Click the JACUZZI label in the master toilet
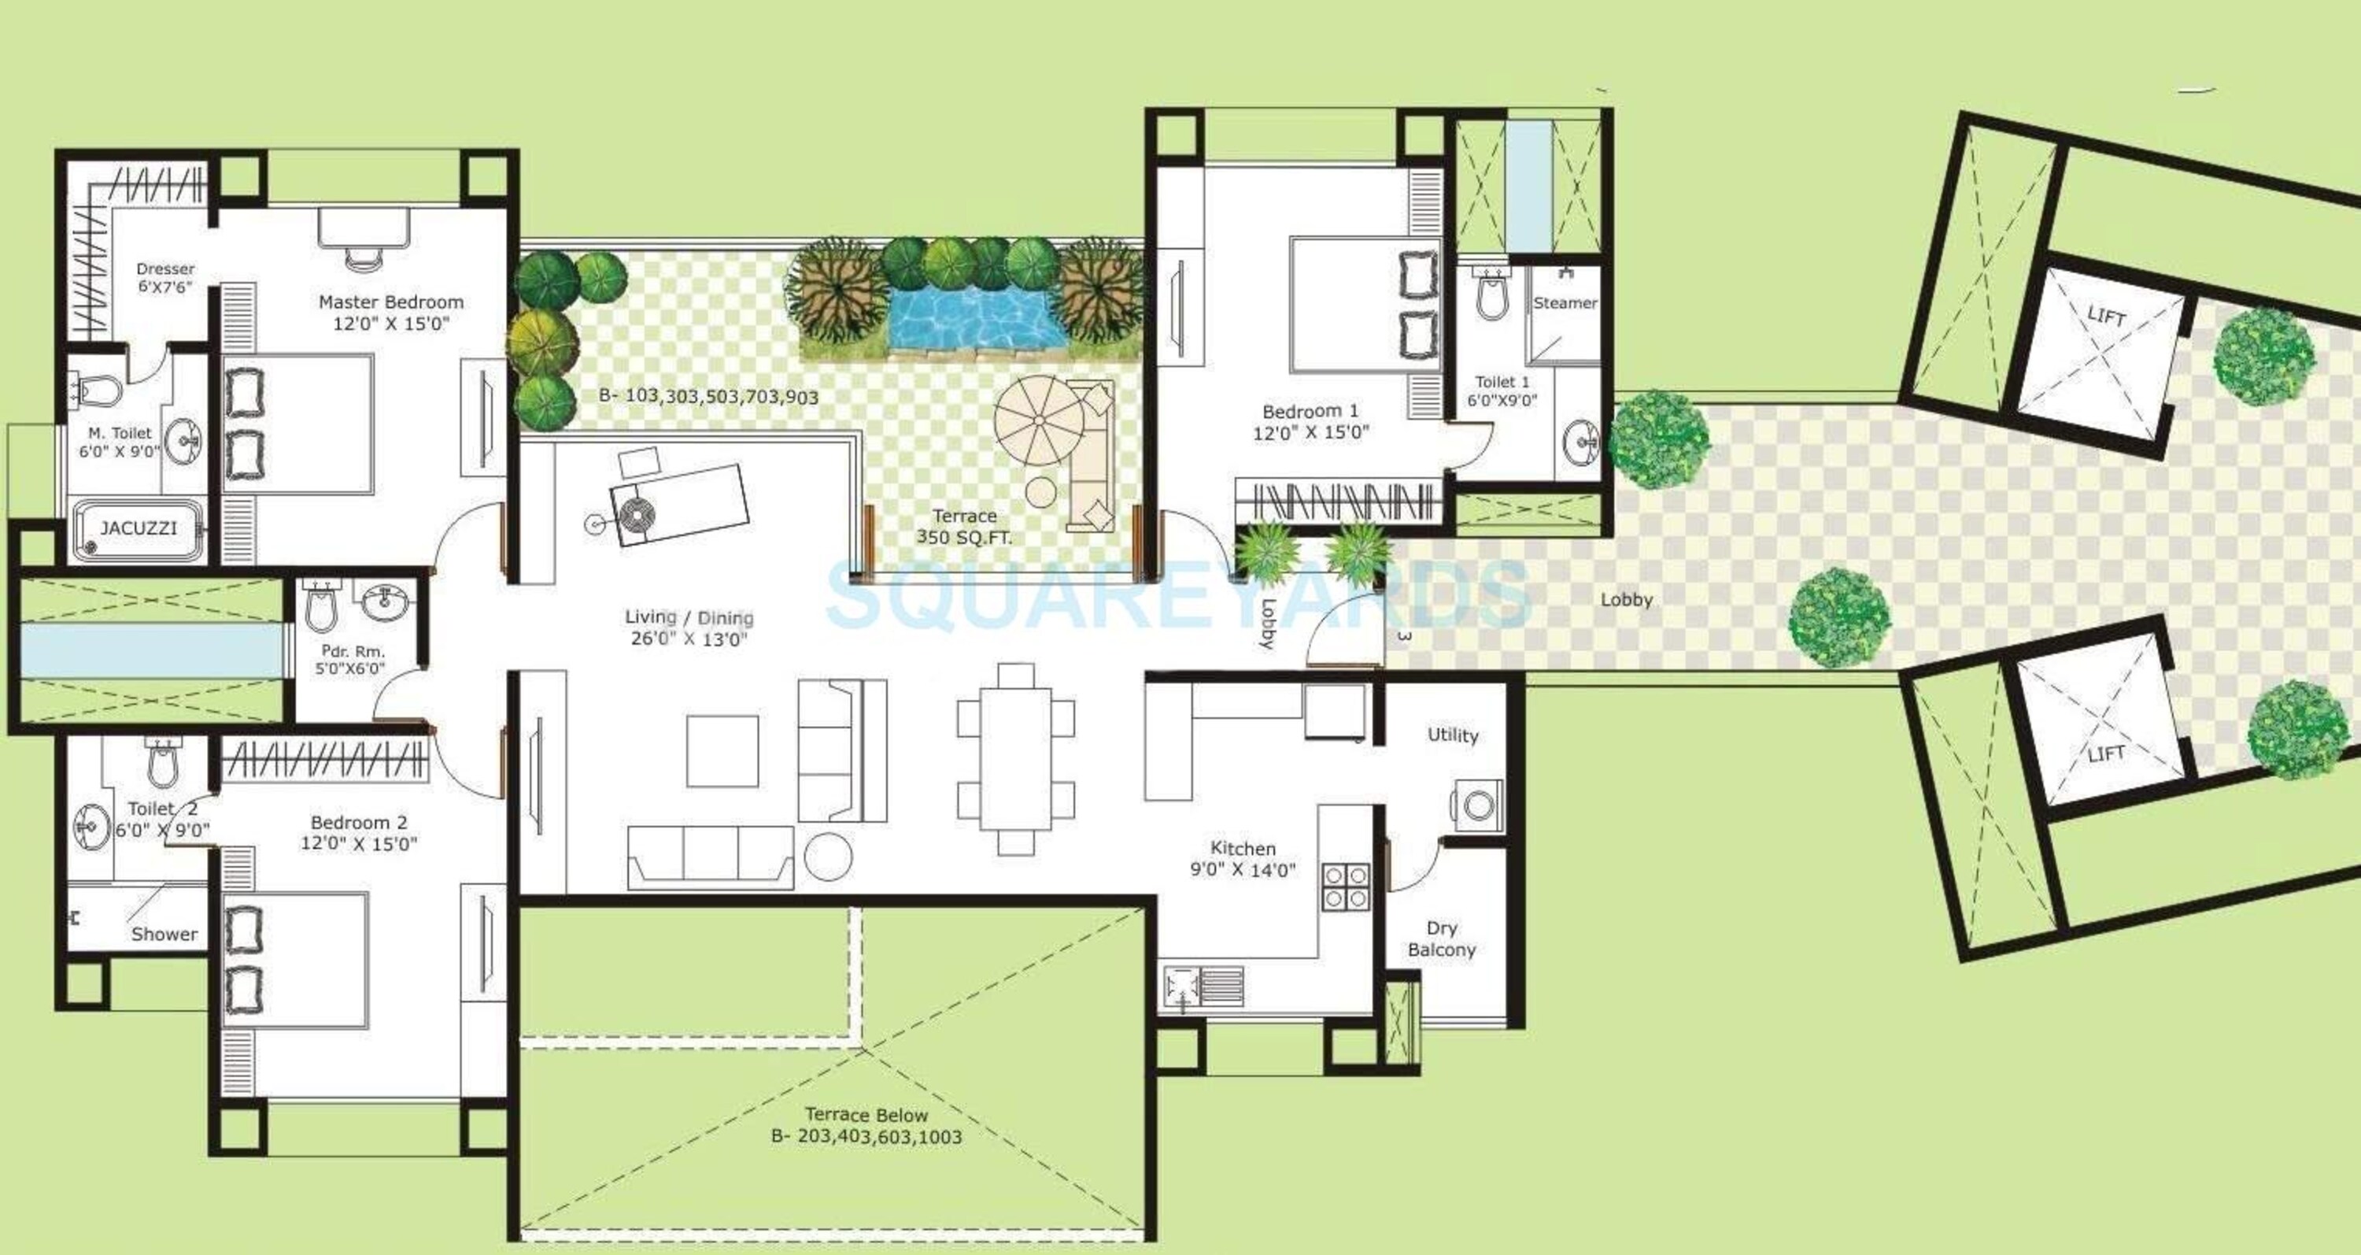tap(139, 528)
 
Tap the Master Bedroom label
tap(391, 302)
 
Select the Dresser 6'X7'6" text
tap(166, 278)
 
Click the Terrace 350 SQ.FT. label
tap(964, 528)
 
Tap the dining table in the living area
tap(1015, 758)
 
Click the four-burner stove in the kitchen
tap(1346, 887)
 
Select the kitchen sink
tap(1203, 987)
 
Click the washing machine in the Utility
tap(1477, 805)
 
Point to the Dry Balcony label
tap(1442, 938)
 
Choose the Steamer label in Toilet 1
tap(1565, 302)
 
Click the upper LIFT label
tap(2106, 317)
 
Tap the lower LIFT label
tap(2106, 753)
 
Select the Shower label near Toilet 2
tap(164, 934)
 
